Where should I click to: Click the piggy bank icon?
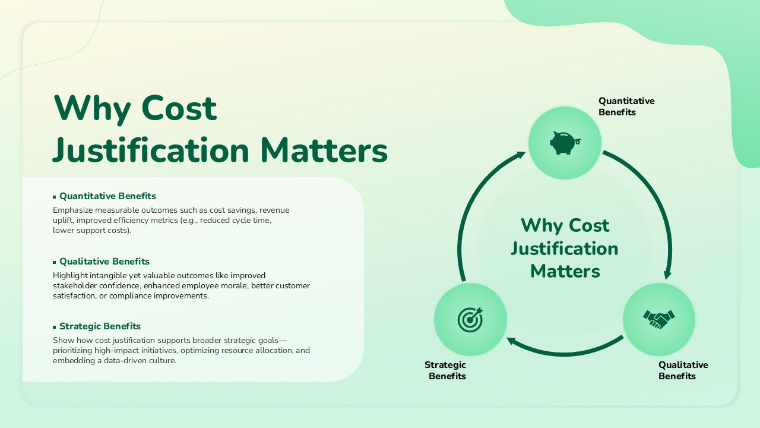(x=564, y=143)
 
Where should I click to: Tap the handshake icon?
(x=659, y=319)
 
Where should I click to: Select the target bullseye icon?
(x=470, y=319)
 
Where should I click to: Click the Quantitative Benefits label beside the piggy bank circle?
(x=626, y=106)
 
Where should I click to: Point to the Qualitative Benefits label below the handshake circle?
(x=683, y=370)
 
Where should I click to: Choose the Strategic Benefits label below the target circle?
(x=446, y=370)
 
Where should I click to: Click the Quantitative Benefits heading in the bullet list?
(x=107, y=196)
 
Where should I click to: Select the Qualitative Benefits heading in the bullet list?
(x=104, y=262)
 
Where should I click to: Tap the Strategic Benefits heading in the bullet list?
(x=100, y=326)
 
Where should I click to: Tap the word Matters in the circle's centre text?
(x=565, y=271)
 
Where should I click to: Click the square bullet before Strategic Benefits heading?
(x=55, y=327)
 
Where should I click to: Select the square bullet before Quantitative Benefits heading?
(x=55, y=197)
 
